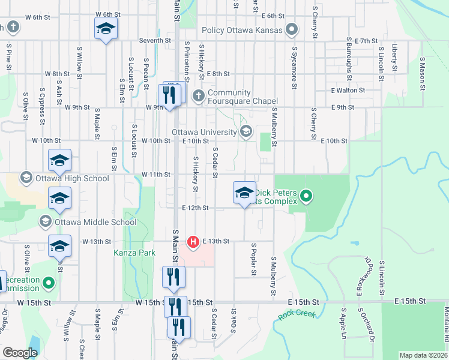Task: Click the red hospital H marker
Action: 193,242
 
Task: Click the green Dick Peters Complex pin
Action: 306,196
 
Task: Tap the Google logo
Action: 20,353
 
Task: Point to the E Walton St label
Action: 348,90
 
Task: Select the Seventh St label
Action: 155,40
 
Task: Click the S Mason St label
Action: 423,71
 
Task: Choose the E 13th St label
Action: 216,241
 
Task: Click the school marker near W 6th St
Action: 106,29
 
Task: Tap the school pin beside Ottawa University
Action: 244,193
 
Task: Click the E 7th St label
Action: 366,41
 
